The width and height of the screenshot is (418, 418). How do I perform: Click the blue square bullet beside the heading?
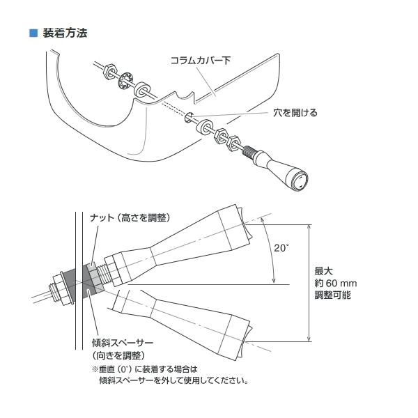[x=33, y=33]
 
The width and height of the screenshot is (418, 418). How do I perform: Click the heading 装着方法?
[x=65, y=33]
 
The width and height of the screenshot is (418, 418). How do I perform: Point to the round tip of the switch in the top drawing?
[x=299, y=183]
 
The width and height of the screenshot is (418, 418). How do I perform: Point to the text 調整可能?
[x=333, y=295]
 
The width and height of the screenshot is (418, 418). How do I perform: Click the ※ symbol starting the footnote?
[x=95, y=369]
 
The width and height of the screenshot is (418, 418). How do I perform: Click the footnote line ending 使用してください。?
[x=174, y=381]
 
